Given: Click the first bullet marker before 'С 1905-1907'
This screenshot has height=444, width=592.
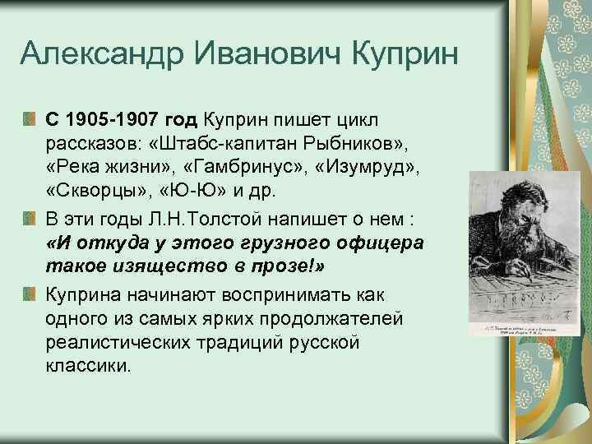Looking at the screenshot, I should click(x=30, y=118).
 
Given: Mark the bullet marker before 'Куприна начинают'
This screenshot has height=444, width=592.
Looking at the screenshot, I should click(x=30, y=294).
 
